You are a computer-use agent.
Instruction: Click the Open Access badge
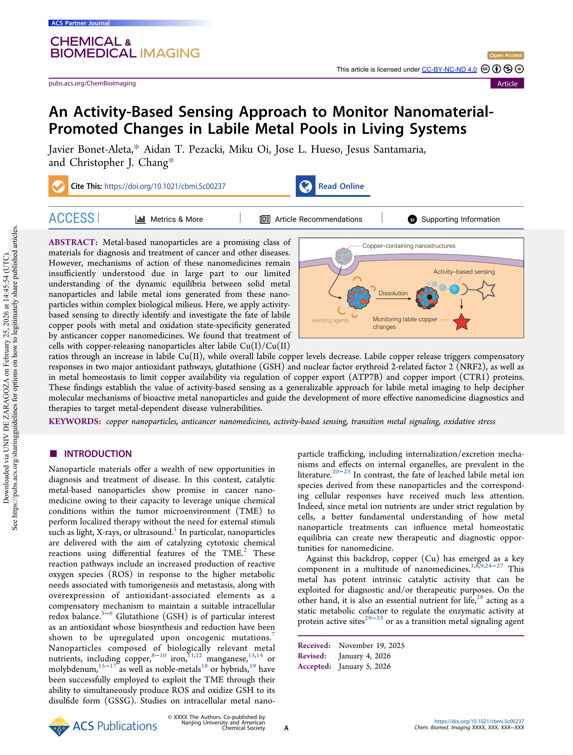click(505, 55)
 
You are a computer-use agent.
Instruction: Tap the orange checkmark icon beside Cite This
click(58, 186)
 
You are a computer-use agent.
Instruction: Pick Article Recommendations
click(318, 219)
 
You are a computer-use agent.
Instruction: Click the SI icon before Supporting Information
click(412, 219)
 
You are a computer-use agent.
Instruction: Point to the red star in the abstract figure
click(461, 322)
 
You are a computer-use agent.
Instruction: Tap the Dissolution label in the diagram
click(393, 293)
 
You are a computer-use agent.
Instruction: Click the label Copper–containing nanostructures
click(408, 246)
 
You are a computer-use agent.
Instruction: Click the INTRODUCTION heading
click(98, 454)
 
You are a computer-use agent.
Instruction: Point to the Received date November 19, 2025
click(371, 645)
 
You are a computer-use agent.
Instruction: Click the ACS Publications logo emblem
click(59, 726)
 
